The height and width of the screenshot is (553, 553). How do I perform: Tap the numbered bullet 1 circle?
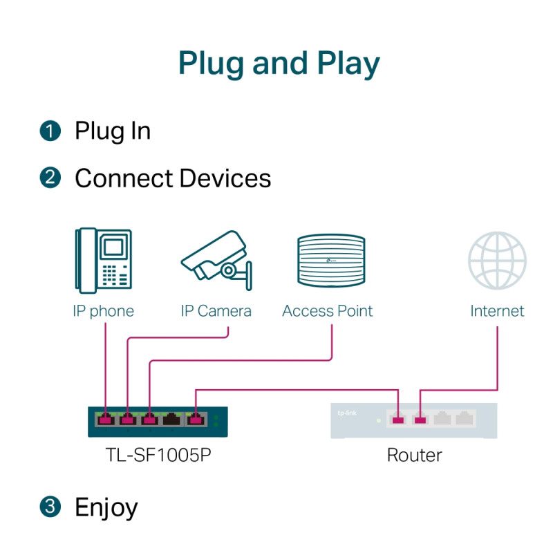(x=50, y=131)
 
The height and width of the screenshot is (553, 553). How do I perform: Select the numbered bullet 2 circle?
(x=50, y=178)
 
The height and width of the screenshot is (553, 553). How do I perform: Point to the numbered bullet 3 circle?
(x=50, y=507)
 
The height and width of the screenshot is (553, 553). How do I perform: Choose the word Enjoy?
(x=106, y=507)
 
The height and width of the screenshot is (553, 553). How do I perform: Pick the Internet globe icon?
(x=497, y=261)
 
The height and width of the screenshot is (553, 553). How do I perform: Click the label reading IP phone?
(x=103, y=311)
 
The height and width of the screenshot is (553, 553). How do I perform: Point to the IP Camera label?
(x=216, y=311)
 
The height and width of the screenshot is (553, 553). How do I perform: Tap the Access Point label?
(x=327, y=311)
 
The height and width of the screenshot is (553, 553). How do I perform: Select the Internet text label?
(x=497, y=311)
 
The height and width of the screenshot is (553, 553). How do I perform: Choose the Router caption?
(x=414, y=455)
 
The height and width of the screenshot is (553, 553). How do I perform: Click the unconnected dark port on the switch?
(x=172, y=419)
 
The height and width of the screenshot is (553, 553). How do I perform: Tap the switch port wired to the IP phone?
(x=106, y=419)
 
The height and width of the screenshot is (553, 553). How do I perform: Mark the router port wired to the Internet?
(x=420, y=419)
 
